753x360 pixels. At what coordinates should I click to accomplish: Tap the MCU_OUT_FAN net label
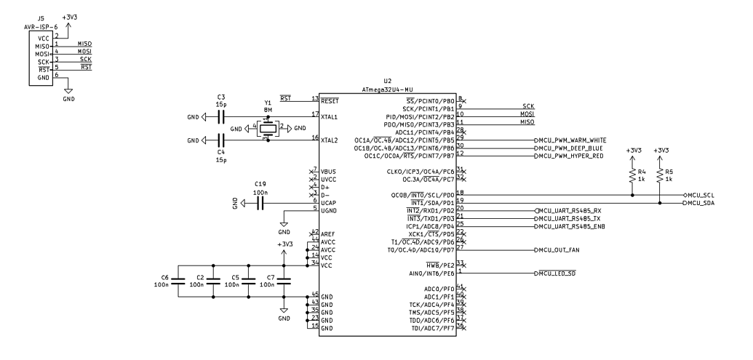(x=561, y=249)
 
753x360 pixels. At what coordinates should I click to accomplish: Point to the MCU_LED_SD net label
(x=558, y=273)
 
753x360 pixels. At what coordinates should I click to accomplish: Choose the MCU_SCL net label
(x=701, y=196)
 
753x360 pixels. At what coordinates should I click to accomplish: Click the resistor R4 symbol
(x=632, y=175)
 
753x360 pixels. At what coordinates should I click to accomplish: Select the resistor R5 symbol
(x=659, y=175)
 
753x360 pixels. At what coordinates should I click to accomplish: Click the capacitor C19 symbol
(x=260, y=203)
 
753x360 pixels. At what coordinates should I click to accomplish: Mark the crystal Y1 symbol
(x=268, y=128)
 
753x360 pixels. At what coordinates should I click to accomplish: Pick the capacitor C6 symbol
(x=178, y=286)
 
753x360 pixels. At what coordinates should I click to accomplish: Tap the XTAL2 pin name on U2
(x=330, y=140)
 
